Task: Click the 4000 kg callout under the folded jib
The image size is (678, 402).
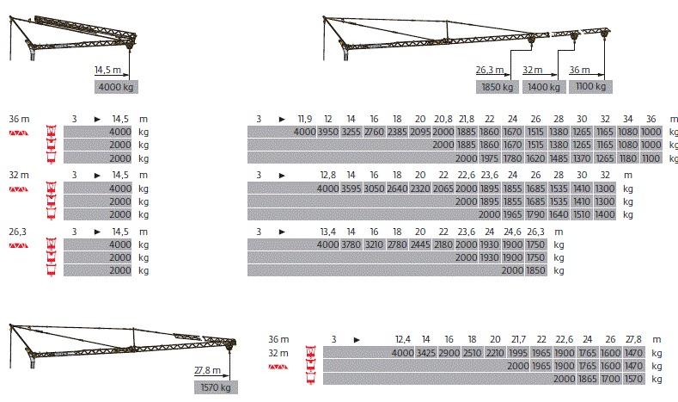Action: (x=116, y=87)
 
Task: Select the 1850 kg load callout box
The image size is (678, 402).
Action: (x=498, y=87)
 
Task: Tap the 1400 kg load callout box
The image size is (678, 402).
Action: (x=544, y=87)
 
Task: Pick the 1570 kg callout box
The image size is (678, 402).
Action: (x=216, y=387)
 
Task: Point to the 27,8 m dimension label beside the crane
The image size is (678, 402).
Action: (x=208, y=370)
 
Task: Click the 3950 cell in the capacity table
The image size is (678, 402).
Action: (x=328, y=132)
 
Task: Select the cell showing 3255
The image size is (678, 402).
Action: (x=351, y=132)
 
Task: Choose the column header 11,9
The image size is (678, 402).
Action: (x=305, y=119)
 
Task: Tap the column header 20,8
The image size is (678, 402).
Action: (x=443, y=119)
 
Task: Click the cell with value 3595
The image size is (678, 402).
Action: (x=351, y=189)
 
